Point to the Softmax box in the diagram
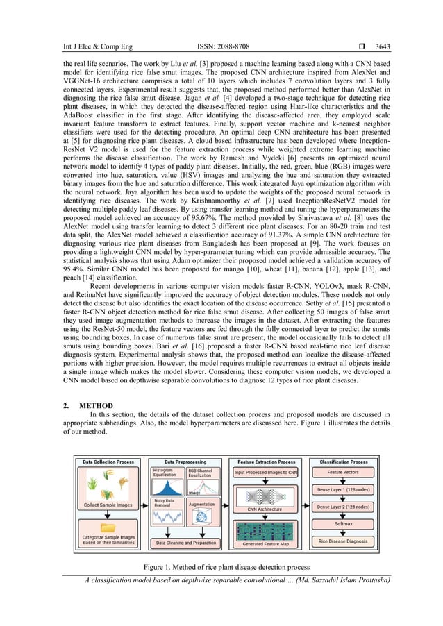tap(343, 524)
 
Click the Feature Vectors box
tap(343, 473)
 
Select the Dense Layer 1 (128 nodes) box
tap(343, 489)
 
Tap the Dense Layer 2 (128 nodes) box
tap(343, 507)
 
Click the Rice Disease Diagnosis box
tap(343, 541)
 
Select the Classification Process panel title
tap(343, 461)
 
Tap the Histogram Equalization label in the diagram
tap(165, 473)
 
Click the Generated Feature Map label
tap(266, 544)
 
